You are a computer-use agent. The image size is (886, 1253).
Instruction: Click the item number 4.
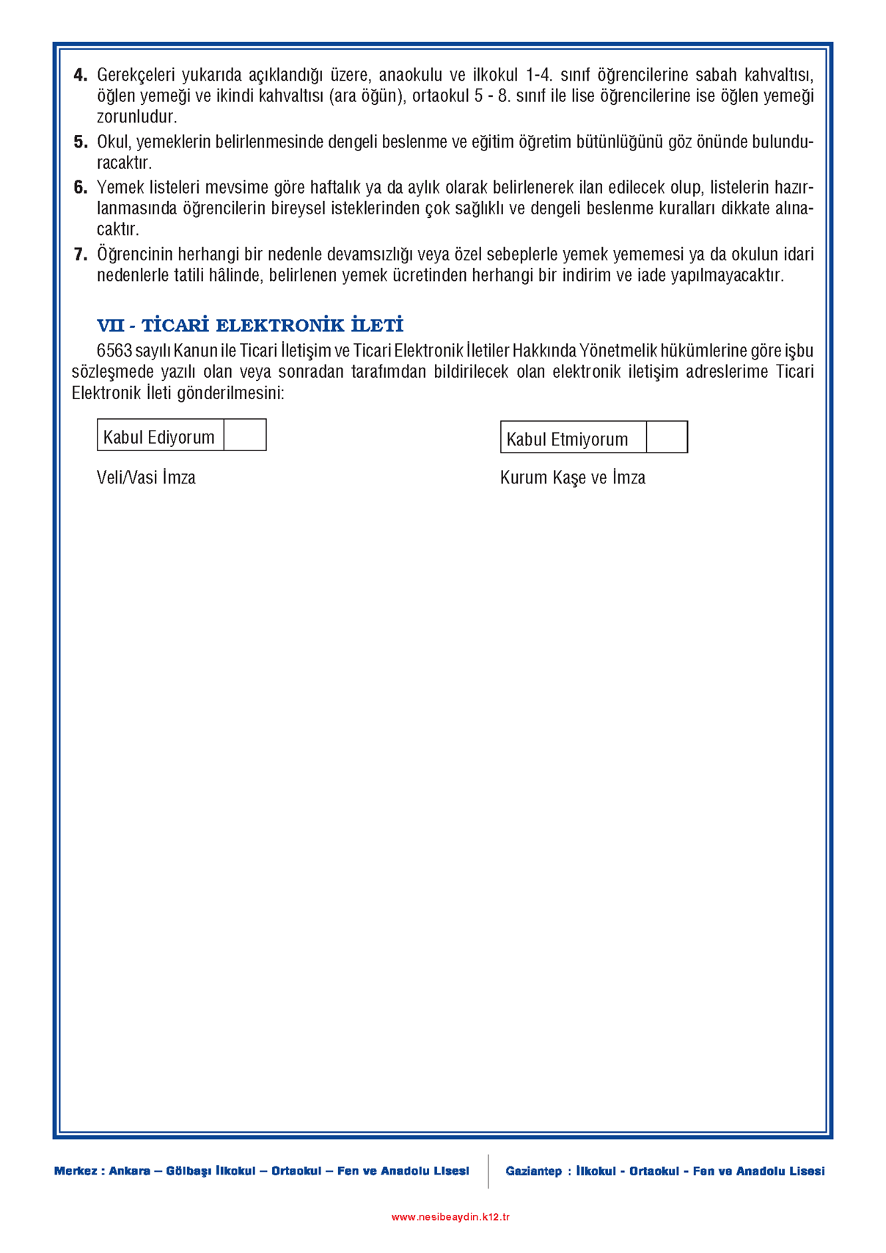point(80,75)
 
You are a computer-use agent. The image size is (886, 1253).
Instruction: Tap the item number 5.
point(80,142)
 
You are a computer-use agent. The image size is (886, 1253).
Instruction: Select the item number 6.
point(80,188)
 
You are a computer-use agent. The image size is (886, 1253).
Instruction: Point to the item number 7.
point(80,255)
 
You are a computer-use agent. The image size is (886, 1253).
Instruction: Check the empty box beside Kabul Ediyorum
point(245,435)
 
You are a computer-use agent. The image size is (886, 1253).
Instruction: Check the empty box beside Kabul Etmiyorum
point(667,437)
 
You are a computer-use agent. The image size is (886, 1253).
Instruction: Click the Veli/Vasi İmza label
point(146,478)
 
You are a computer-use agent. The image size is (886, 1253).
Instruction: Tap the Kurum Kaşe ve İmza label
point(572,478)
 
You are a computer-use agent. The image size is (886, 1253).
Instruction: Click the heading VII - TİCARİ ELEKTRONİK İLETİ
point(250,325)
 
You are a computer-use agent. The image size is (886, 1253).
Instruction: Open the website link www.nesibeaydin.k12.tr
point(450,1216)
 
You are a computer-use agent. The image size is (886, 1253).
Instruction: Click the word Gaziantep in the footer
point(533,1171)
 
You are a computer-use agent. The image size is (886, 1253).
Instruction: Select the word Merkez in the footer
point(75,1171)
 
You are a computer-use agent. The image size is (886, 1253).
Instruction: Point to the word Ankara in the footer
point(129,1171)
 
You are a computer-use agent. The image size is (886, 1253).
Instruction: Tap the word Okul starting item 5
point(113,142)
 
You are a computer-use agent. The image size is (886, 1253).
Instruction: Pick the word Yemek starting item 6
point(119,188)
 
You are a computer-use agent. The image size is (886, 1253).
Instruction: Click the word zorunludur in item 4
point(136,117)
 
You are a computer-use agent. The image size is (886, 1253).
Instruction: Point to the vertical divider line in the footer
point(488,1171)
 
